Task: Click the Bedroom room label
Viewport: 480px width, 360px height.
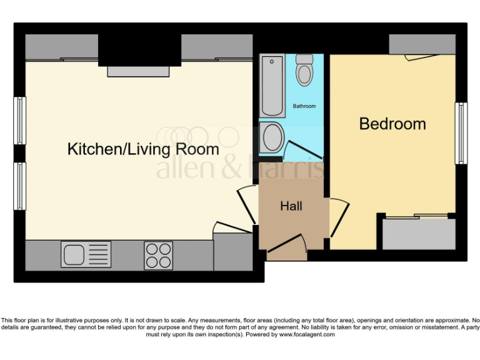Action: coord(392,124)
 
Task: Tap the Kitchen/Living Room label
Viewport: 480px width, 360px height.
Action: coord(143,149)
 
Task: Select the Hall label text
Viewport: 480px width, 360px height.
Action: coord(291,206)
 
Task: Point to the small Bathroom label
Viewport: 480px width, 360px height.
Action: coord(304,106)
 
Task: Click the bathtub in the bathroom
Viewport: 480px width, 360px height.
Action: coord(272,86)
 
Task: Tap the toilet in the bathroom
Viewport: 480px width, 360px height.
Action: coord(304,70)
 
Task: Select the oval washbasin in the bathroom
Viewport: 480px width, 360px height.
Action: coord(272,137)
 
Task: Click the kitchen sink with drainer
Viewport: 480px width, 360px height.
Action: coord(86,254)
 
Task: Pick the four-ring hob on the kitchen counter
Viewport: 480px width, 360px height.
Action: coord(158,255)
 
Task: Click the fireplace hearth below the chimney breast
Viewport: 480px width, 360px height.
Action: coord(138,71)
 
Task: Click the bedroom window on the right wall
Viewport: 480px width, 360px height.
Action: coord(461,133)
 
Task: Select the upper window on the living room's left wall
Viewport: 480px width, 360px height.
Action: coord(20,120)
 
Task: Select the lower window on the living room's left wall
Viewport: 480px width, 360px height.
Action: coord(20,186)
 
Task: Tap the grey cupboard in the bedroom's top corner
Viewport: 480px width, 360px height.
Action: coord(422,44)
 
